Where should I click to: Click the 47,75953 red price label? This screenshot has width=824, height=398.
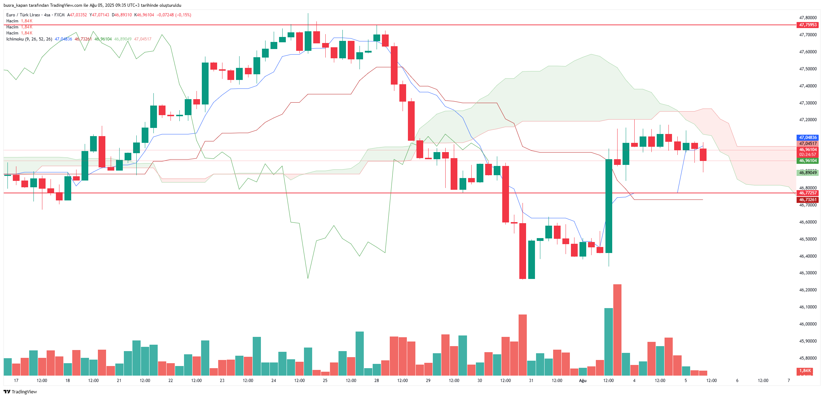808,25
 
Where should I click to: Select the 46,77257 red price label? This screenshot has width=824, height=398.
808,193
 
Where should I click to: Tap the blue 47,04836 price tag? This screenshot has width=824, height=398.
808,138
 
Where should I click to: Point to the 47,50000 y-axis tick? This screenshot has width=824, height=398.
808,69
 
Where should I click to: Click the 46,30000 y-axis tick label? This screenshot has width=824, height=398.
808,273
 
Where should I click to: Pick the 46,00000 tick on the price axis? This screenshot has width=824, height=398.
808,324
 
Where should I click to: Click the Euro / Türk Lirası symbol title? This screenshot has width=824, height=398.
23,15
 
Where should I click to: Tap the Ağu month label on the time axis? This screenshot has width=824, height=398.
582,381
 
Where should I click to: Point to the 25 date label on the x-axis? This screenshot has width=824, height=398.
325,381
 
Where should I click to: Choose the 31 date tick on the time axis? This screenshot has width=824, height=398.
531,381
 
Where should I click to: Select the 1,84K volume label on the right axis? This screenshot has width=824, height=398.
805,371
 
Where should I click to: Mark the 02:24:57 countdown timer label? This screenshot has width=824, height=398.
808,155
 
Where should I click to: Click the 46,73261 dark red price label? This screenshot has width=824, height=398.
808,200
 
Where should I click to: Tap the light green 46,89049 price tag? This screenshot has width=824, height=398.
808,173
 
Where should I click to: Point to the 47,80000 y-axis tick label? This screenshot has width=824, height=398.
808,18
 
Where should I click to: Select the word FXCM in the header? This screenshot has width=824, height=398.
59,15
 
